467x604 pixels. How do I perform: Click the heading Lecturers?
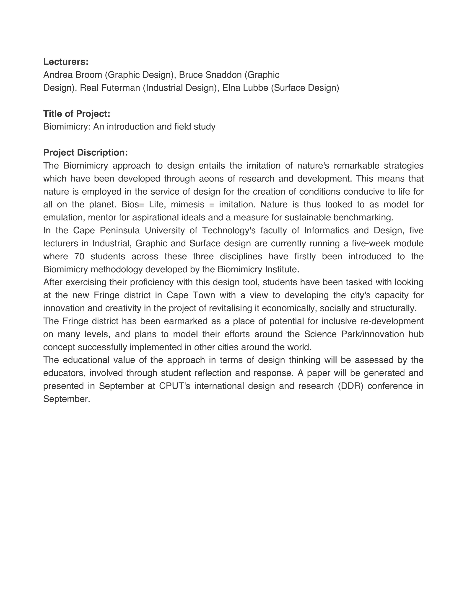point(66,62)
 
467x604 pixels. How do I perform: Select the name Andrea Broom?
point(73,75)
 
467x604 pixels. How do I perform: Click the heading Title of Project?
point(77,114)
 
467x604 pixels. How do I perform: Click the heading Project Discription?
point(86,152)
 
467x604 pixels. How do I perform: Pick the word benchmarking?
point(363,217)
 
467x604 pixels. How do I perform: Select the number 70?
point(79,256)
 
